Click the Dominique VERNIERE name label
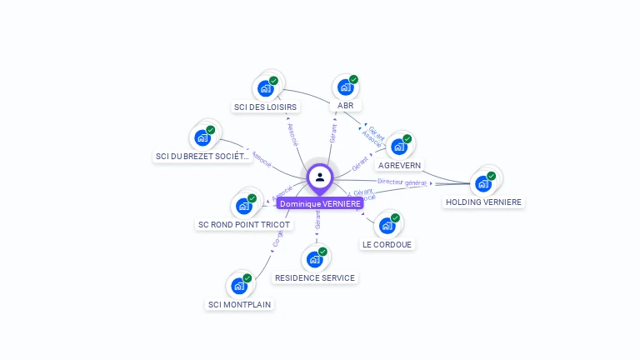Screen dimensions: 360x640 320,203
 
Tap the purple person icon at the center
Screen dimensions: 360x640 320,177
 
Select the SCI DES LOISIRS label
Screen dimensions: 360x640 265,107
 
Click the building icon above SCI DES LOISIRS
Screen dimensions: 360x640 265,88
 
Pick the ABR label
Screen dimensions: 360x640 345,106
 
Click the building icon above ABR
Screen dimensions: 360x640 345,87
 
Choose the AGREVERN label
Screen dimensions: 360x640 399,165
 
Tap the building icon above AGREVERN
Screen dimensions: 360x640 399,147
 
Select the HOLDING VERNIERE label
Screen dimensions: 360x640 483,202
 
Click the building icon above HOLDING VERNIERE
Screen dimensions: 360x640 483,183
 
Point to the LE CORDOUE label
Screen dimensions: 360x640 387,244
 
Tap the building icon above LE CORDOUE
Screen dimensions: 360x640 387,226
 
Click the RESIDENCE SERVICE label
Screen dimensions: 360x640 315,277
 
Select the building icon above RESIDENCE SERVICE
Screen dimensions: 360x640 315,259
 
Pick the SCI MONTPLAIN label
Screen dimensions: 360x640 239,304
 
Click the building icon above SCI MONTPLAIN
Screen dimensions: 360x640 239,286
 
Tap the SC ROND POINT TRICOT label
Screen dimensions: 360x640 244,224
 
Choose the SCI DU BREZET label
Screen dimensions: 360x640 202,156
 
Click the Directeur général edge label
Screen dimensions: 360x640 402,182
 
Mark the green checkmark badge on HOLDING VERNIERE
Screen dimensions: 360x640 492,176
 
